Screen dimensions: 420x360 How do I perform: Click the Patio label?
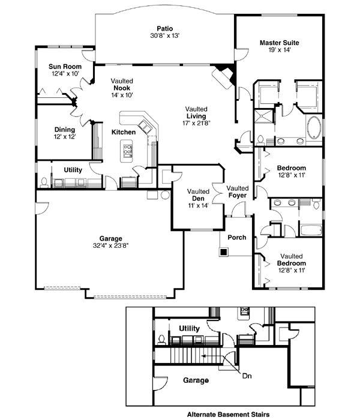[x=164, y=28]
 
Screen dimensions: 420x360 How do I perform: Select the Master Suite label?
[x=279, y=43]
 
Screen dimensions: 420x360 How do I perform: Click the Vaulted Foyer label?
[x=238, y=192]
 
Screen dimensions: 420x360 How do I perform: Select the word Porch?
[x=237, y=238]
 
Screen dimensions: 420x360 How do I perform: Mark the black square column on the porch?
[x=223, y=253]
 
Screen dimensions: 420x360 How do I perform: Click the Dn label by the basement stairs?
[x=247, y=377]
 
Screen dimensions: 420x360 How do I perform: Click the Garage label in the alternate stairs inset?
[x=192, y=380]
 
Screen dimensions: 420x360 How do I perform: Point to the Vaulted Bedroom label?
[x=292, y=259]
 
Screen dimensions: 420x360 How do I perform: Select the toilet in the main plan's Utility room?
[x=46, y=182]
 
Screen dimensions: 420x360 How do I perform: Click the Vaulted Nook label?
[x=122, y=88]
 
